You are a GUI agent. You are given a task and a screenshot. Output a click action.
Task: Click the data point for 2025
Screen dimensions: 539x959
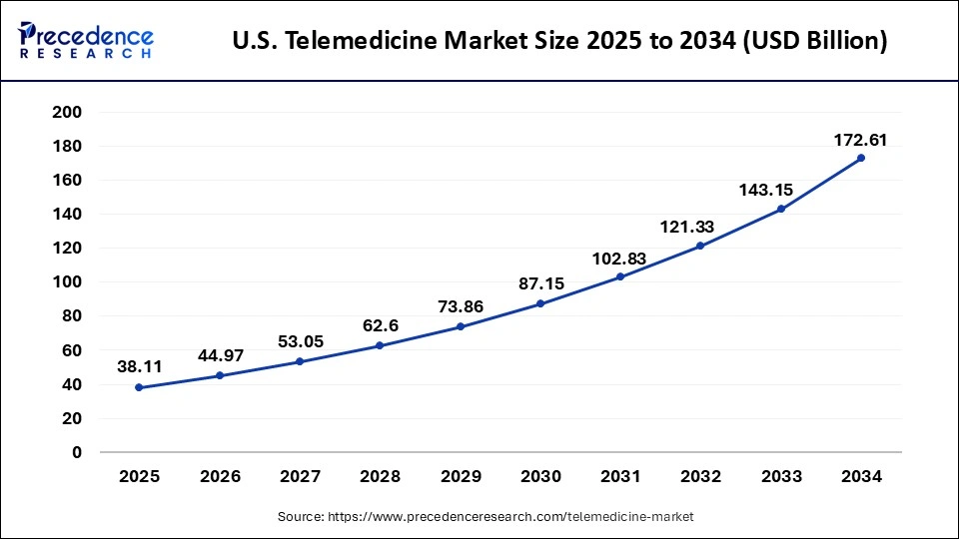pos(139,387)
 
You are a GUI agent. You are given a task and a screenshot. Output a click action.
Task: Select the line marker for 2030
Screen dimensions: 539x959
pos(540,303)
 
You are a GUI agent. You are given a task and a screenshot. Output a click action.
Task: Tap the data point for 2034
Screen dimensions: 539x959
pos(861,158)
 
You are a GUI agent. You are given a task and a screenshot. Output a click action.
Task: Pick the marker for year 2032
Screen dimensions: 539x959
pos(700,246)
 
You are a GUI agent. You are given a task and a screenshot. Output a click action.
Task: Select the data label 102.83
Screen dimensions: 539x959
pos(619,259)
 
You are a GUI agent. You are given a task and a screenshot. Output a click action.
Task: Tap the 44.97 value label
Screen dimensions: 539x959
pos(220,357)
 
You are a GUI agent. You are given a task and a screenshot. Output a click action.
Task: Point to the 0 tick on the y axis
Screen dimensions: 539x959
pos(77,452)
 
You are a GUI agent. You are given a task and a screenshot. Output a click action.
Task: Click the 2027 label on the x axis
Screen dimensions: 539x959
pos(300,477)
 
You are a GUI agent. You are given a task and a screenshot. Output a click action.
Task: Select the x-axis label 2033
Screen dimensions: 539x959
pos(781,477)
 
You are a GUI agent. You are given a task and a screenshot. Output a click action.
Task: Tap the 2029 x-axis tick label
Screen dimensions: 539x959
pos(461,477)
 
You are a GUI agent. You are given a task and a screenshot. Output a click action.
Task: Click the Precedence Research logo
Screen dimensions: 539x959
pos(86,41)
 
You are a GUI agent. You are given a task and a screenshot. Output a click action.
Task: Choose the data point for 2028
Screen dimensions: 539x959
pos(380,345)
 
